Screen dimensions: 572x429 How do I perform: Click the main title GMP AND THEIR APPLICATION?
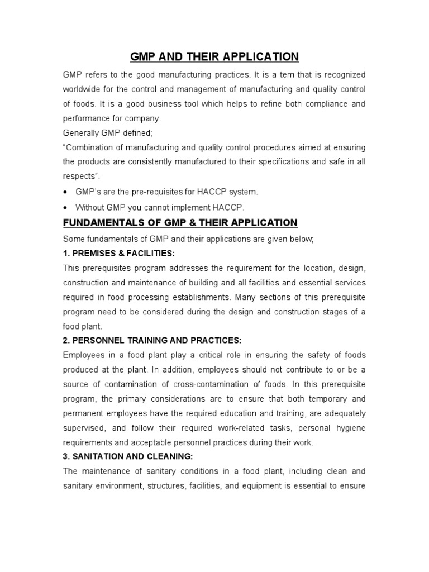click(x=214, y=56)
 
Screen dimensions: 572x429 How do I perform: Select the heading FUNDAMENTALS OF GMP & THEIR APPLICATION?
click(x=180, y=223)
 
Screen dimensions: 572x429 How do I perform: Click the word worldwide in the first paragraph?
click(x=84, y=89)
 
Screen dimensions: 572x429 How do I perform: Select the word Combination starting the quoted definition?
click(x=91, y=148)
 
